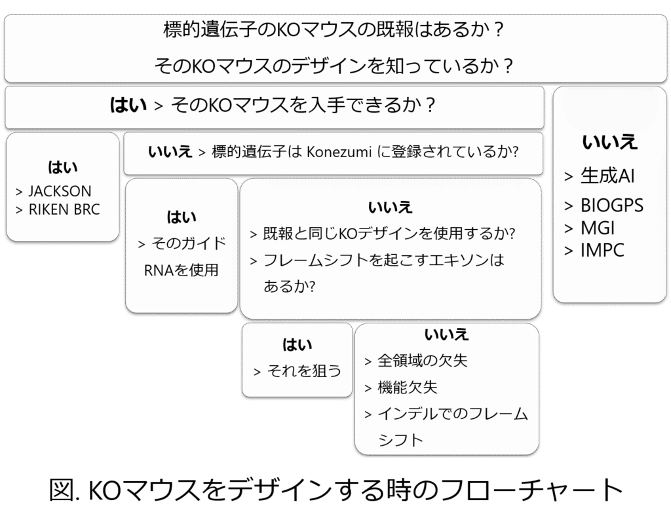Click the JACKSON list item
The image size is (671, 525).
60,192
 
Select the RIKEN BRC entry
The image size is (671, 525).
64,210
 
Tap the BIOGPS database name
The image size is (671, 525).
611,206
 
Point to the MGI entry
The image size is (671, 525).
598,228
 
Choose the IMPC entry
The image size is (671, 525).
602,250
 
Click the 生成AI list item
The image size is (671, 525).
607,176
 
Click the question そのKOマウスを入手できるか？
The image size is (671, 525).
303,105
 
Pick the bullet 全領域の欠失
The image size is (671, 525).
423,361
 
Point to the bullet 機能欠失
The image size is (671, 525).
408,388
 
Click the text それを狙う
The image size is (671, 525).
305,371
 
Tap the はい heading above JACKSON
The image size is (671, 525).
63,167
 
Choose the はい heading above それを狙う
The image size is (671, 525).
297,344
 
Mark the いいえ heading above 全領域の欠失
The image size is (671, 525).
447,335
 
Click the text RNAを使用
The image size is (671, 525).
182,270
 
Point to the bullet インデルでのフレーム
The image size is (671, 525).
453,414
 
